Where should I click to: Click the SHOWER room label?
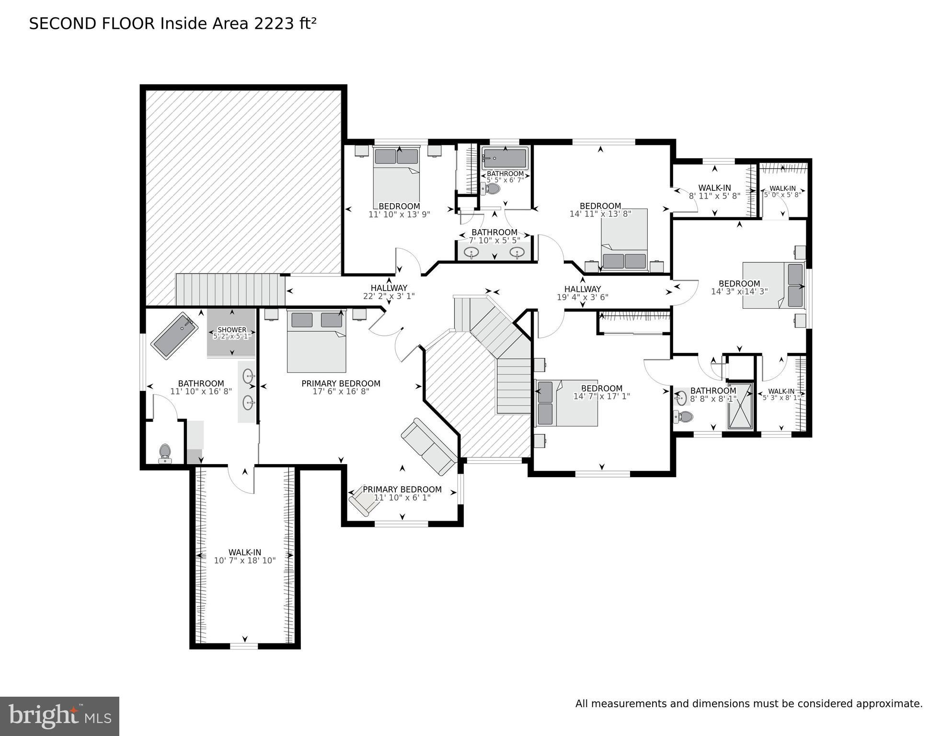click(232, 330)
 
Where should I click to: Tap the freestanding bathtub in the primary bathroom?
click(175, 336)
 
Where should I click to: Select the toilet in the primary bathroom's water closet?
click(165, 453)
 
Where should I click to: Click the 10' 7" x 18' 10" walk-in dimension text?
click(245, 561)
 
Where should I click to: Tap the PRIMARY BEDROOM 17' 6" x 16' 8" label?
click(341, 387)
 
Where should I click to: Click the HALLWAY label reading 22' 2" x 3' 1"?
click(389, 292)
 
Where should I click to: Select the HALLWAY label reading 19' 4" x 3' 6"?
click(583, 293)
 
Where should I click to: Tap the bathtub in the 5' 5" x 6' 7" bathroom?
click(505, 158)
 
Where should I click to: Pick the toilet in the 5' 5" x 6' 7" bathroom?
click(490, 188)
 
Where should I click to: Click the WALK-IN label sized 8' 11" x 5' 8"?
click(715, 192)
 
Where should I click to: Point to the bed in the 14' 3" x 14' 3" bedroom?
click(773, 285)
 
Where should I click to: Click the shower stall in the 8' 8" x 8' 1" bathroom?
click(740, 406)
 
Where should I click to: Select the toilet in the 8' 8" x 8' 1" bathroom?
click(683, 416)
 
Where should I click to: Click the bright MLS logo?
click(59, 716)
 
